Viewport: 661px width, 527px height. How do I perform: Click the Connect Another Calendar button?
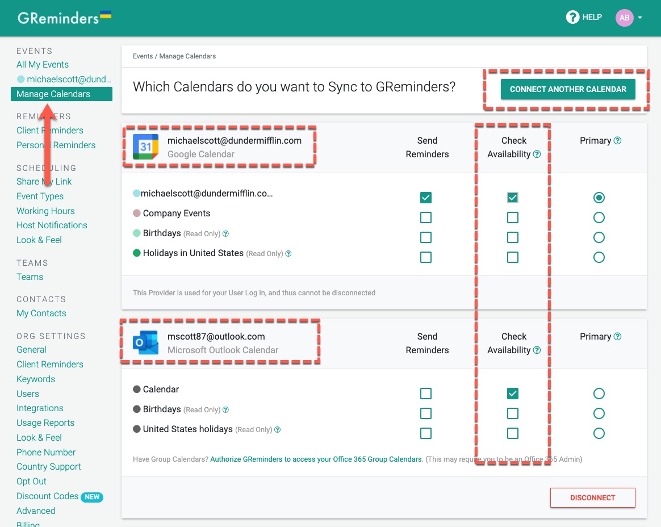(568, 89)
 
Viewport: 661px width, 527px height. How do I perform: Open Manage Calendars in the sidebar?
(53, 94)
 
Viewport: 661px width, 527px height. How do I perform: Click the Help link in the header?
(584, 18)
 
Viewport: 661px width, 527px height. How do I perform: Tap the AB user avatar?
(624, 18)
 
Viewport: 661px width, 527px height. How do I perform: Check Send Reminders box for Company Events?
(426, 218)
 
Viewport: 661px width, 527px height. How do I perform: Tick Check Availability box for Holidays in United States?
(513, 257)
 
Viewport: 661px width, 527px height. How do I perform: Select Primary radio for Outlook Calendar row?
(599, 394)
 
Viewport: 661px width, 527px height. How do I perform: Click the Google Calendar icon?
(145, 147)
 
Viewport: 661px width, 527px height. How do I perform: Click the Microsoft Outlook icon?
(145, 342)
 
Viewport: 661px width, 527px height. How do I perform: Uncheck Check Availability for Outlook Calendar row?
(513, 394)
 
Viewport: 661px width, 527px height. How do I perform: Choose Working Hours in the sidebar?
(45, 211)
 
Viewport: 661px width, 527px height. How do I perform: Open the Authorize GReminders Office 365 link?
(316, 459)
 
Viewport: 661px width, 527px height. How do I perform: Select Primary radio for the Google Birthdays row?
(599, 237)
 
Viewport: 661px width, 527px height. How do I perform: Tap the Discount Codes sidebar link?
(48, 496)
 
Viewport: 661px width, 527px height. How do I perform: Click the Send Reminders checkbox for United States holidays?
(426, 433)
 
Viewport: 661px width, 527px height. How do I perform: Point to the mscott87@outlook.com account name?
(216, 336)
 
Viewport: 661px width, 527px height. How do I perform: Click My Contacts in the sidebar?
(41, 313)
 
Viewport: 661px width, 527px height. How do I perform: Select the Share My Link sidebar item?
(44, 182)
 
